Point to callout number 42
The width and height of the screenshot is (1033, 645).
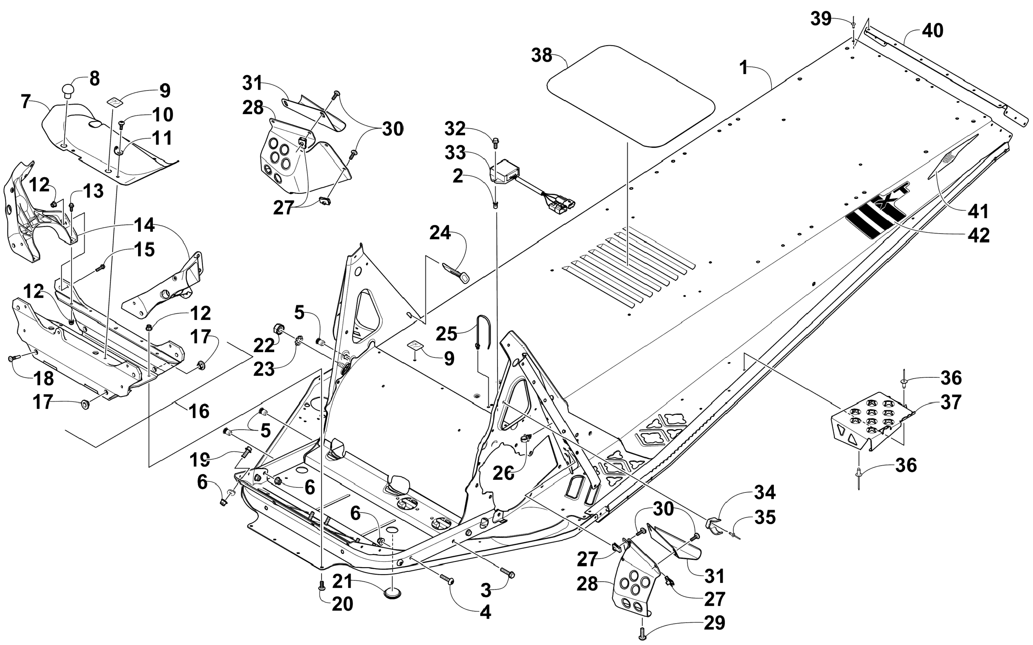click(979, 235)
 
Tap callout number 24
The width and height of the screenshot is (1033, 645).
click(440, 233)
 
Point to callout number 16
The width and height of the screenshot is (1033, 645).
click(199, 411)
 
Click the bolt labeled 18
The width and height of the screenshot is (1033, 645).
click(14, 359)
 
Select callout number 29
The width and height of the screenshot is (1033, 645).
click(714, 623)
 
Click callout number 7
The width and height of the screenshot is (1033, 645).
click(26, 102)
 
